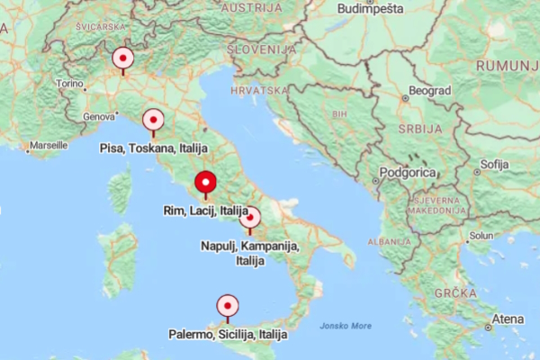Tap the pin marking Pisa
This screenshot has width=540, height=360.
[153, 121]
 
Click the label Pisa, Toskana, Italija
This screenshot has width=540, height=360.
[154, 148]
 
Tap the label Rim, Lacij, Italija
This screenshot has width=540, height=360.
[205, 211]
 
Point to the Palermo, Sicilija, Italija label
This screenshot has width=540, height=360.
[228, 334]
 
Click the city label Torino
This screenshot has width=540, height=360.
[69, 84]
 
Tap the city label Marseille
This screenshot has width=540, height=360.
[48, 144]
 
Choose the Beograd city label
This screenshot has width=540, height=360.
[428, 91]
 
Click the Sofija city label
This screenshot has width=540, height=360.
[494, 165]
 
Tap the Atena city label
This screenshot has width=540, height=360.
[508, 319]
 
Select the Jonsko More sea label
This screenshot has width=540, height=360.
[345, 326]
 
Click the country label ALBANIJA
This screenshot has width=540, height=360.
[393, 242]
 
